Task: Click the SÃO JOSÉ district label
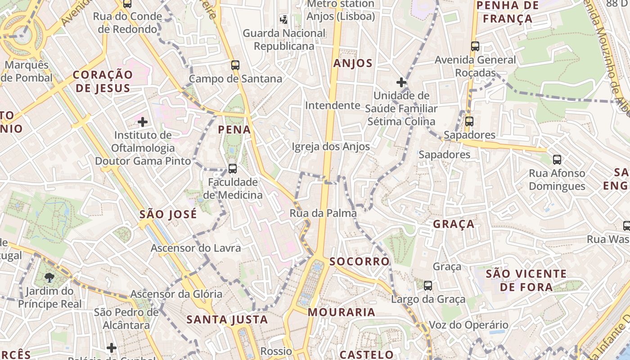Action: (x=168, y=214)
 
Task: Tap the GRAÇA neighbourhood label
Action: (x=454, y=224)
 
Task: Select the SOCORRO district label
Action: (x=359, y=261)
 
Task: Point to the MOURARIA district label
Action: (x=342, y=312)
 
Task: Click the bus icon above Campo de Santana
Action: (x=235, y=65)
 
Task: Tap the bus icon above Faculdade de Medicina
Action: (x=233, y=169)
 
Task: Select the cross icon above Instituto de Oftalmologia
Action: (x=143, y=121)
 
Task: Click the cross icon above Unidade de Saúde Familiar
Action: (x=401, y=82)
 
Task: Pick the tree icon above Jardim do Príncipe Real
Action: (x=49, y=278)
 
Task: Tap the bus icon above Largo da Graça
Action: (x=428, y=285)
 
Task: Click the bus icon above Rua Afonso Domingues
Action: (x=557, y=159)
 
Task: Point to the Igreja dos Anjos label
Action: (x=331, y=147)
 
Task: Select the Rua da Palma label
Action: (x=323, y=213)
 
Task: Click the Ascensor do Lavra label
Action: (x=196, y=248)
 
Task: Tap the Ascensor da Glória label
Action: (x=176, y=294)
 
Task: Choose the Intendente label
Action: (x=333, y=105)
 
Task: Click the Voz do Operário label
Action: (x=462, y=325)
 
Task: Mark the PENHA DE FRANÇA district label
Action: (x=507, y=12)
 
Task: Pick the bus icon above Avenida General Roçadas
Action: (x=475, y=46)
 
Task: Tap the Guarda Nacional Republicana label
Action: (x=284, y=40)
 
